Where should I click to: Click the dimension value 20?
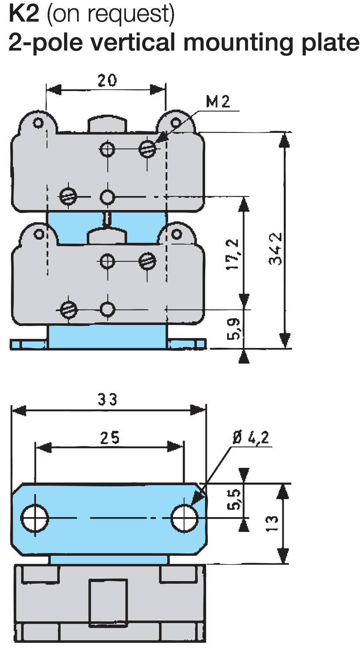106,80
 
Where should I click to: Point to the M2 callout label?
217,102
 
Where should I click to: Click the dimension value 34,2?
275,248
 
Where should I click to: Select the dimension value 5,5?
234,499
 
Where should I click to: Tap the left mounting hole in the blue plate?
35,518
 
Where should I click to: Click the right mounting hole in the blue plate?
184,518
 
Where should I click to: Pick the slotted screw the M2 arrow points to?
148,149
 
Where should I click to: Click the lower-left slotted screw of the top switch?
68,196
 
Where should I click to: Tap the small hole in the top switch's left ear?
38,123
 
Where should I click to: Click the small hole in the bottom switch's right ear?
176,234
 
